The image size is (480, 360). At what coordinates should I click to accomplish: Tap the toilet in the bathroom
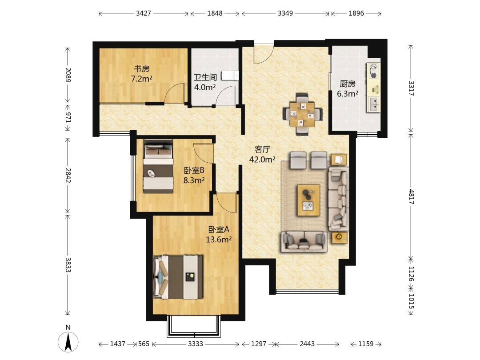pos(230,75)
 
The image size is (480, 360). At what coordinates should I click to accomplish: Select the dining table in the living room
pos(303,114)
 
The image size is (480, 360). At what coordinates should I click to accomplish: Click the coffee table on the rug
pos(308,200)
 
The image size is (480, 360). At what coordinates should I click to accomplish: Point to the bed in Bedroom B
pos(158,166)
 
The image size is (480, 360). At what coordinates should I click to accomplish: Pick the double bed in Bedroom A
pos(178,277)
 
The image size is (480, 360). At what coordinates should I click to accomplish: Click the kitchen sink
pos(374,104)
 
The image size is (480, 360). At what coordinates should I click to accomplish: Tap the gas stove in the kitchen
pos(373,71)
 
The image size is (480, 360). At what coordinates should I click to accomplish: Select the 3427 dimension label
pos(143,13)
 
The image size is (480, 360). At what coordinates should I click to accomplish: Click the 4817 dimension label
pos(411,197)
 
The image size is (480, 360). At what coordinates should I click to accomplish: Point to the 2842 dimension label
pos(68,176)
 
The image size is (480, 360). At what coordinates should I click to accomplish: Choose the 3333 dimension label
pos(195,344)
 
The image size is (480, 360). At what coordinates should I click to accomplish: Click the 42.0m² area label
pos(262,159)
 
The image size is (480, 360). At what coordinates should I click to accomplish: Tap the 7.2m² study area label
pos(142,79)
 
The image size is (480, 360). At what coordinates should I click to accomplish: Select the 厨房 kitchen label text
pos(348,84)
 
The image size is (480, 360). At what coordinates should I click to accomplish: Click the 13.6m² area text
pos(219,239)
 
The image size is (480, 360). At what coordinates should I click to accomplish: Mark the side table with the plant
pos(339,237)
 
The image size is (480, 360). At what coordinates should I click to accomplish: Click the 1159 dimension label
pos(365,344)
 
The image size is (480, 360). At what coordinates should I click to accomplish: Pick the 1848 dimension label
pos(215,13)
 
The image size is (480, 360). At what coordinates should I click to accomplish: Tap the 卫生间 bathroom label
pos(205,77)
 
